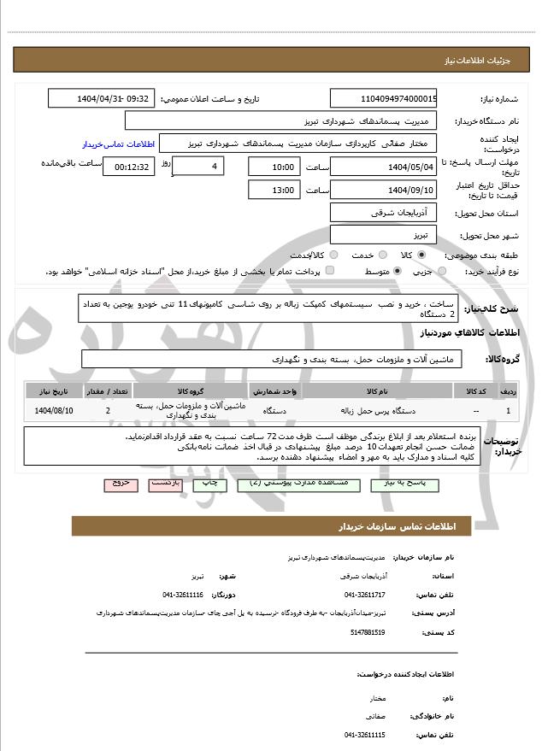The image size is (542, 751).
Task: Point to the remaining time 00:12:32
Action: point(129,166)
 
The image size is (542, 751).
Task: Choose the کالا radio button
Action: point(421,255)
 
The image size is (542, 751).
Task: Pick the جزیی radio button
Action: point(441,271)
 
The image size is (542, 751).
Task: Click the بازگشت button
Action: point(164,484)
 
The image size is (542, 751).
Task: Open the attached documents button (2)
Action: point(274,484)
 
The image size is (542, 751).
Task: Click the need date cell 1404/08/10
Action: point(54,411)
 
